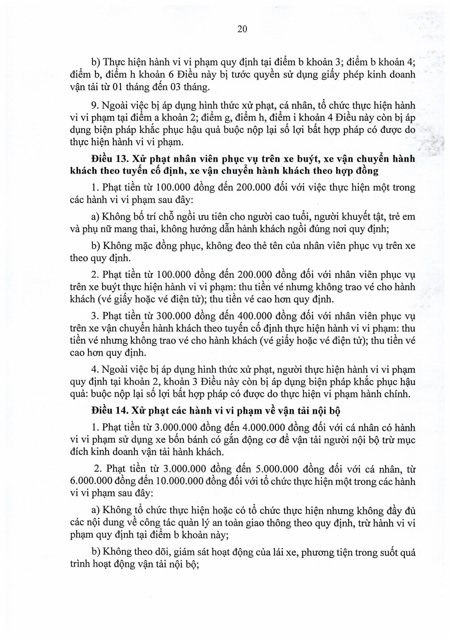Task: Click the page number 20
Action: coord(242,29)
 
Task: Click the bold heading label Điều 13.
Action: coord(110,159)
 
